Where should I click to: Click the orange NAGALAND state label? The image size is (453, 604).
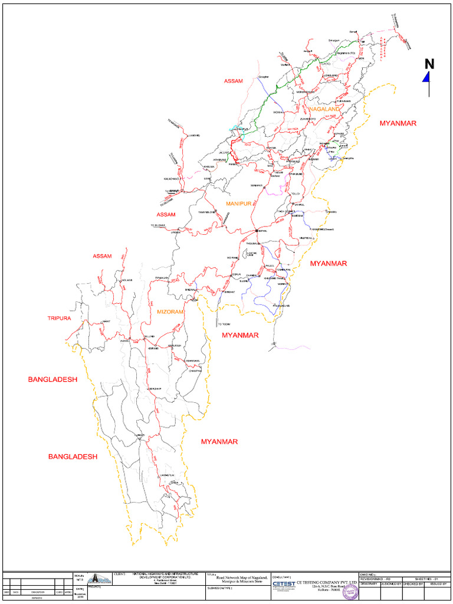point(324,110)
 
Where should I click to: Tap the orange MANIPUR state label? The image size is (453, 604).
point(239,203)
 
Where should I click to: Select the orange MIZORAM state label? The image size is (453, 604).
point(170,311)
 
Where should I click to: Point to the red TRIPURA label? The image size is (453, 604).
point(59,318)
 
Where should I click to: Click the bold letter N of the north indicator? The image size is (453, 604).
point(429,64)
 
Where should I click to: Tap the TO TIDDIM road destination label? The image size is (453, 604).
point(225,324)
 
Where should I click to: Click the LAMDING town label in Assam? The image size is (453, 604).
point(194,136)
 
